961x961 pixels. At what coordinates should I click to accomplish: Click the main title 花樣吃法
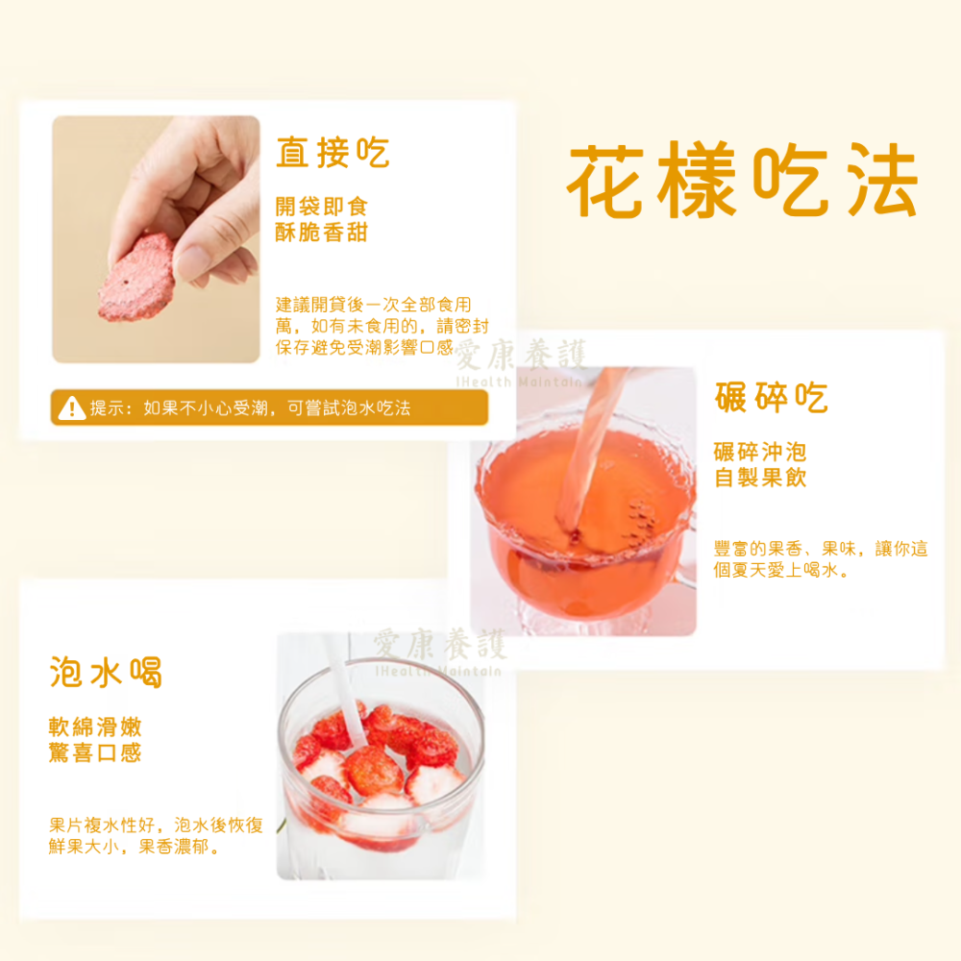click(742, 183)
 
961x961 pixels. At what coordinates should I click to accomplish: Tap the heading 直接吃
click(333, 153)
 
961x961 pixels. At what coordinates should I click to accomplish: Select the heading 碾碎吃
click(771, 397)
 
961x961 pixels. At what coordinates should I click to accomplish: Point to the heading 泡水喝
click(106, 672)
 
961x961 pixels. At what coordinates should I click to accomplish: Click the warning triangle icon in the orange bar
click(71, 408)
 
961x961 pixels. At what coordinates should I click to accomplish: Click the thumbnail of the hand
click(156, 239)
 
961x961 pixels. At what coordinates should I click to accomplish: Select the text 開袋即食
click(321, 207)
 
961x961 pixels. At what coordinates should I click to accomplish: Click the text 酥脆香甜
click(321, 233)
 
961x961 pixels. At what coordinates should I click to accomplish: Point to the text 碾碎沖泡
click(760, 452)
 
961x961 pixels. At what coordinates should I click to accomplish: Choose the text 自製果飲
click(760, 478)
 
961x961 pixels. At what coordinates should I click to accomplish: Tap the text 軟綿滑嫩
click(95, 727)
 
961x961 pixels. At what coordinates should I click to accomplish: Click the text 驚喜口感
click(95, 752)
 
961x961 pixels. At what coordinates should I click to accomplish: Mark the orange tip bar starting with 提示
click(269, 408)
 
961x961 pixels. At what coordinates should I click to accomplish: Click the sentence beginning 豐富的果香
click(821, 559)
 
